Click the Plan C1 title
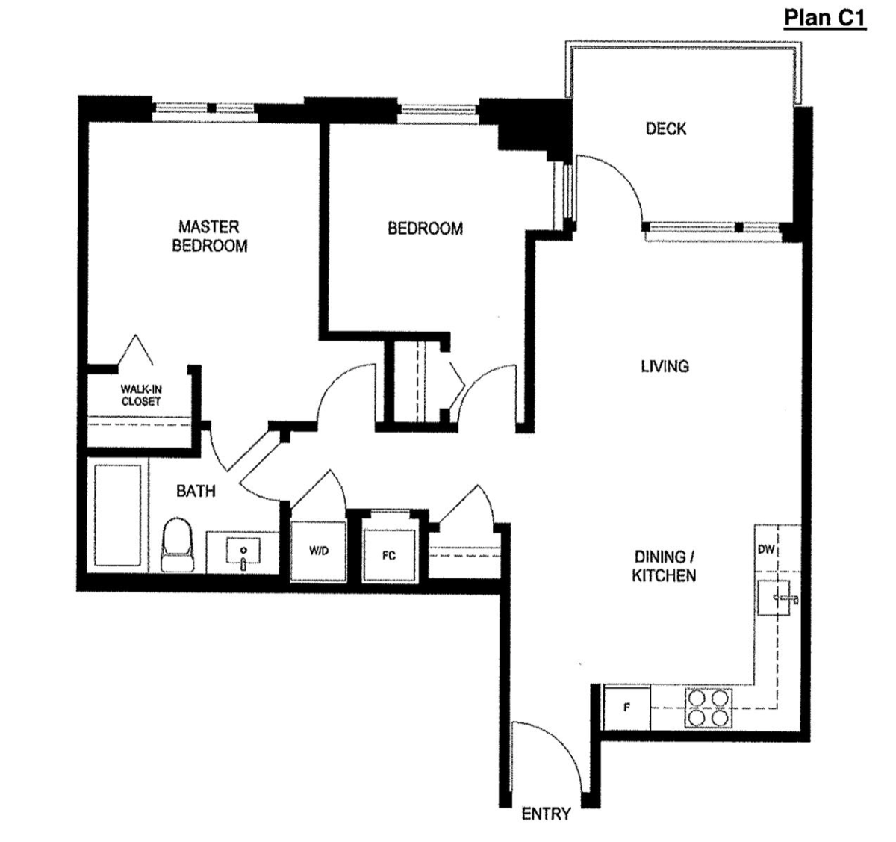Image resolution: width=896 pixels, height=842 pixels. (824, 17)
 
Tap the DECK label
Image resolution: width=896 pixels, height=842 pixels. (665, 129)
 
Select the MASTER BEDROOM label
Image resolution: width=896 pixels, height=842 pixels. (209, 236)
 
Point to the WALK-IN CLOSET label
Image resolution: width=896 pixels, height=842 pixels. (140, 395)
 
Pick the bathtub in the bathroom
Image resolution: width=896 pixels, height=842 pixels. (118, 516)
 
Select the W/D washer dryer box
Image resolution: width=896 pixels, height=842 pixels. (319, 551)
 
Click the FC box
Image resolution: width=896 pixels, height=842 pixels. (388, 555)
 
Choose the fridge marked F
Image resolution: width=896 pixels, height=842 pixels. (626, 707)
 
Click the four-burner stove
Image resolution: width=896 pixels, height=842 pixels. (708, 707)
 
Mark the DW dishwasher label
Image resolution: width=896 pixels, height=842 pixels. (766, 550)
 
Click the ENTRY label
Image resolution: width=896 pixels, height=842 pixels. (546, 814)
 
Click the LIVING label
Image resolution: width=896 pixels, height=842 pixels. (665, 366)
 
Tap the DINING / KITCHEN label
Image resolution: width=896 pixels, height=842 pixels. (665, 566)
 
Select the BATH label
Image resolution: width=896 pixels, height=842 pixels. (196, 491)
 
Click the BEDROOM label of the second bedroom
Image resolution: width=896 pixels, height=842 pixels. (425, 229)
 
